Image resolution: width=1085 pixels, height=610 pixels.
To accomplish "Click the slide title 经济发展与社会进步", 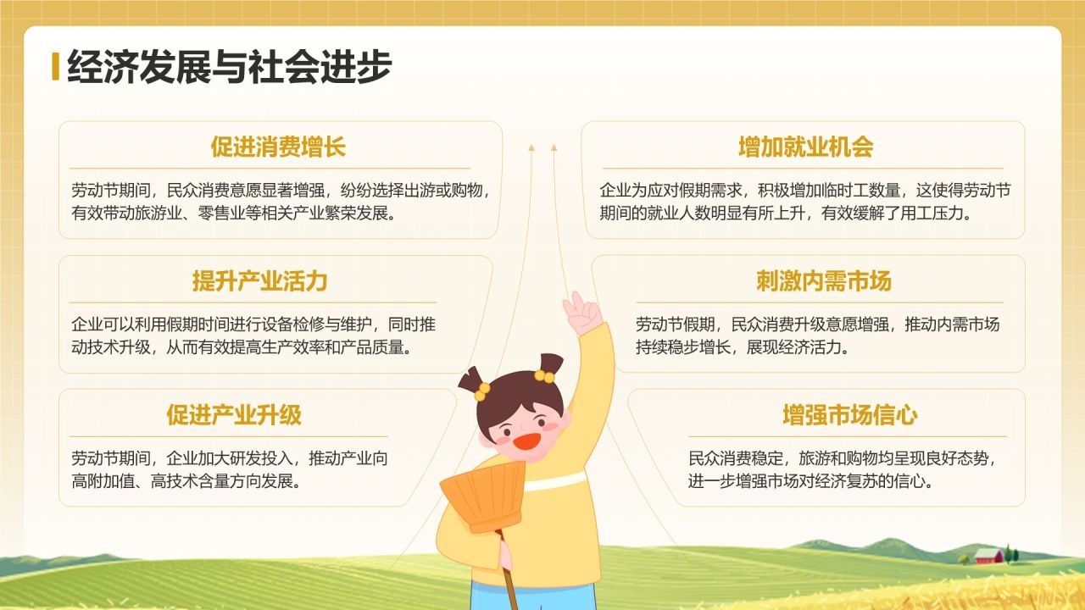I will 229,67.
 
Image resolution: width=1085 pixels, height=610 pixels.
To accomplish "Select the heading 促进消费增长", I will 278,147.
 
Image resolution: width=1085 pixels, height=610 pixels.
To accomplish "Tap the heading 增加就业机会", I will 805,147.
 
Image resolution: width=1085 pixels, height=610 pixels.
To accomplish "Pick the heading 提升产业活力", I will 259,281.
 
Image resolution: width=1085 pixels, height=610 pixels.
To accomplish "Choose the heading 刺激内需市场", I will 824,281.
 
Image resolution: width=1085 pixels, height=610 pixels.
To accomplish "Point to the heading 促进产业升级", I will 234,415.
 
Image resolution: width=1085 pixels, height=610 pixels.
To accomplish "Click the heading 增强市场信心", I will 850,415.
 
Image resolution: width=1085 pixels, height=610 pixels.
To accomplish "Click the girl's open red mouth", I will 526,441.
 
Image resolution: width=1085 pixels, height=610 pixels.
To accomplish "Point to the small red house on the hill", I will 988,556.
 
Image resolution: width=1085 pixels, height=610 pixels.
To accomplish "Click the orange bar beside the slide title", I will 55,66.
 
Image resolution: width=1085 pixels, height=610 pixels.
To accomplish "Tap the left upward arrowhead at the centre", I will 531,148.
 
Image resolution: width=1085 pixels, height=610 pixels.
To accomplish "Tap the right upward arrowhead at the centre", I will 554,148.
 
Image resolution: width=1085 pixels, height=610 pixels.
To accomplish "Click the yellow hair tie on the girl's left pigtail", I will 481,391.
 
